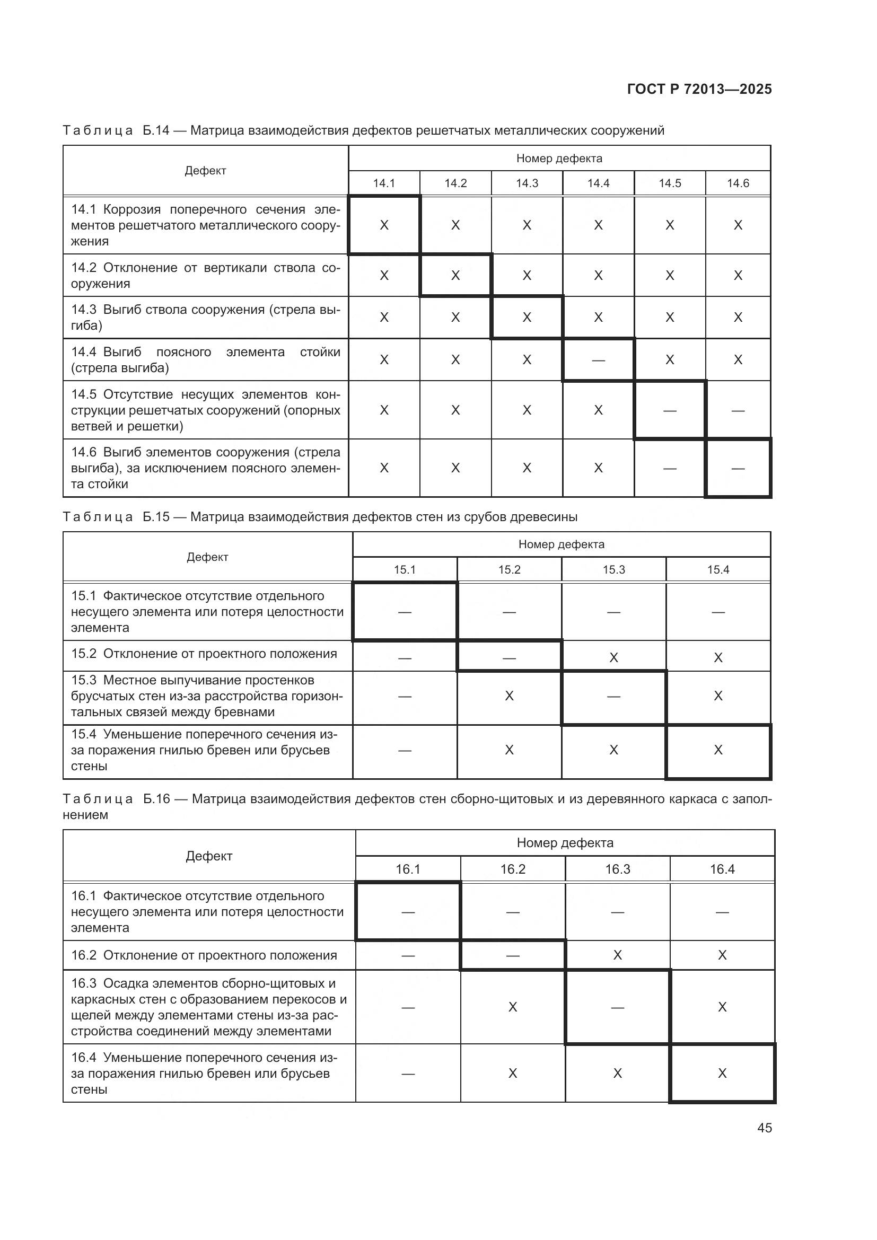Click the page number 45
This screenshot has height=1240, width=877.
[764, 1128]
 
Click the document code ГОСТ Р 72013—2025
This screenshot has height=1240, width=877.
[699, 89]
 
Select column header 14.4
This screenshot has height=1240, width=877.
[598, 183]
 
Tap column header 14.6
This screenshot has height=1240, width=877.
[738, 183]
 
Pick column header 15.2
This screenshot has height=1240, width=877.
[509, 570]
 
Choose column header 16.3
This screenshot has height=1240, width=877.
[617, 869]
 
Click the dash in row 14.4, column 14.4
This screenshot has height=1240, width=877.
[598, 359]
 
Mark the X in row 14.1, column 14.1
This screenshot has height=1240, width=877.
[384, 225]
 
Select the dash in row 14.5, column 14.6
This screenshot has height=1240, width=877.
[738, 410]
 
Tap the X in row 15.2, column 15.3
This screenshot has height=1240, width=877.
[613, 657]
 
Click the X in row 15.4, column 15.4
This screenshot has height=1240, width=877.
[718, 750]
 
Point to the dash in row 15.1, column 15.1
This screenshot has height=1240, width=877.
[405, 612]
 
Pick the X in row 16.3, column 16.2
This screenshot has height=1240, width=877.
[513, 1007]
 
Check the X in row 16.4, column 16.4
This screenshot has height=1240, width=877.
[722, 1073]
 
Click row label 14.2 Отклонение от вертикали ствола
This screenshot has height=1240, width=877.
[206, 276]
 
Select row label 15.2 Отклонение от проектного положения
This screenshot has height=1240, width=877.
[204, 654]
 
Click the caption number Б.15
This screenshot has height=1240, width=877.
[156, 517]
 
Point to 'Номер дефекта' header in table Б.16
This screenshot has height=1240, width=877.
[565, 842]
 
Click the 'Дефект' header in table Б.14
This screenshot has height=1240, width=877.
[205, 171]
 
